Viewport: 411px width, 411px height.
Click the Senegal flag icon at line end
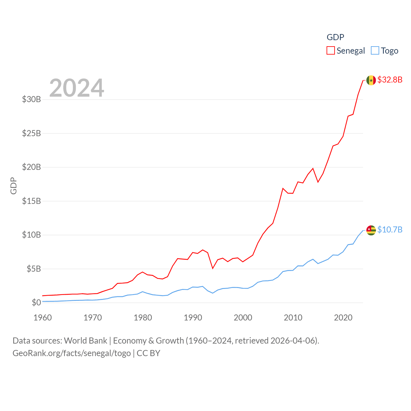click(x=371, y=80)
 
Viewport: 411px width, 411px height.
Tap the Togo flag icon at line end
click(x=371, y=230)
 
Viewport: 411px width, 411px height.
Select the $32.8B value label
click(x=390, y=80)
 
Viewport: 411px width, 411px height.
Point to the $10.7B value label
click(x=390, y=230)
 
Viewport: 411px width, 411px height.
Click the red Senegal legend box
click(x=331, y=51)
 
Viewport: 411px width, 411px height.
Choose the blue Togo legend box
click(x=375, y=51)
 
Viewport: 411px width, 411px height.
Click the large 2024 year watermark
click(x=77, y=88)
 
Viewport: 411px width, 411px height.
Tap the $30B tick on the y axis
click(x=31, y=99)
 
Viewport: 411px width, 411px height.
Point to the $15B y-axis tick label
click(x=31, y=201)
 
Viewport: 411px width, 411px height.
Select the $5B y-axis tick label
click(x=34, y=269)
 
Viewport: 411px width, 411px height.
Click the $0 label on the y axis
click(x=36, y=302)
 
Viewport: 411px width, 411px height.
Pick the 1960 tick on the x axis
click(x=43, y=318)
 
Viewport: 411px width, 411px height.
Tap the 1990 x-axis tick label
click(x=193, y=318)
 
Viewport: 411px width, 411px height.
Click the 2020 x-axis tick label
click(x=343, y=318)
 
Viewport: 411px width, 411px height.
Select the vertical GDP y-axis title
click(x=13, y=186)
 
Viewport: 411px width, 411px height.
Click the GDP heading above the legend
click(x=335, y=37)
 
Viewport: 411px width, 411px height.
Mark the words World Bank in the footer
click(x=85, y=341)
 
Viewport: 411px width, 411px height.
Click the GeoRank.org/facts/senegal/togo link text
click(x=72, y=353)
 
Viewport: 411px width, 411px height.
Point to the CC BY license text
click(x=148, y=353)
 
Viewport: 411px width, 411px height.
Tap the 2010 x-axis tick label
click(x=293, y=318)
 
